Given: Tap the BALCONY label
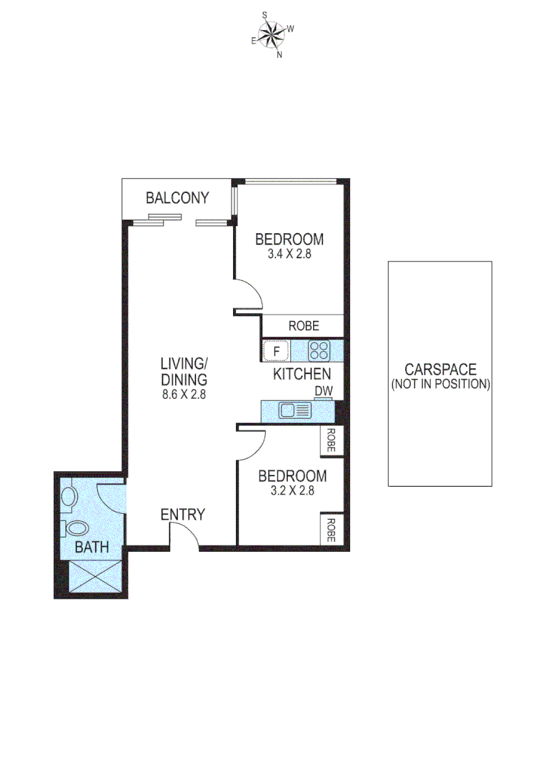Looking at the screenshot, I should click(177, 198).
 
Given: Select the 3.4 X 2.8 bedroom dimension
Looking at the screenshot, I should click(289, 253).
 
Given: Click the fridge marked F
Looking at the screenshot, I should click(277, 351).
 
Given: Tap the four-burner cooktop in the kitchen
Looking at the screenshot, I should click(318, 350).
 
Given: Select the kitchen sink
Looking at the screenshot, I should click(295, 410).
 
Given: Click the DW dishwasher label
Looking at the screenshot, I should click(324, 390).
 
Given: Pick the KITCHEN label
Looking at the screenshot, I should click(302, 373).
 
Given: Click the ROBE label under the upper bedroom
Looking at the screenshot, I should click(304, 326).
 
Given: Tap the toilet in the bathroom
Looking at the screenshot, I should click(69, 497).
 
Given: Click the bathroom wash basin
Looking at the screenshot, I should click(76, 529).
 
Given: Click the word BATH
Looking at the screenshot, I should click(93, 548).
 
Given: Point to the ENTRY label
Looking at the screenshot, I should click(182, 515).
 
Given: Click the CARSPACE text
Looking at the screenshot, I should click(440, 370).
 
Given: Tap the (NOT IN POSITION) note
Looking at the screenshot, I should click(440, 384).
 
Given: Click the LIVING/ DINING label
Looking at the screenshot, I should click(183, 371).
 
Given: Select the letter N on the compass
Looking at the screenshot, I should click(279, 54).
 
